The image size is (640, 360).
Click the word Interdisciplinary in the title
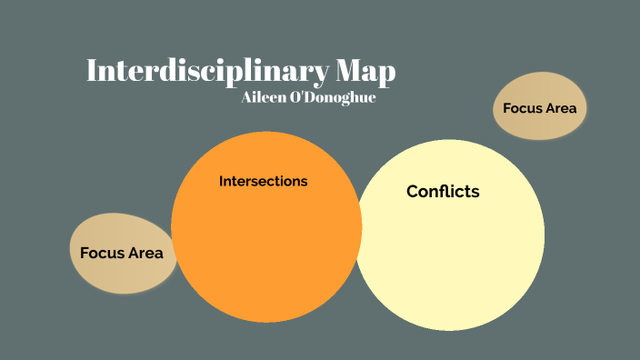pyautogui.click(x=205, y=72)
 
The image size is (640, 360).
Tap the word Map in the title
pyautogui.click(x=365, y=72)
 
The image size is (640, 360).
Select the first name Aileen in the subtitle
pyautogui.click(x=265, y=97)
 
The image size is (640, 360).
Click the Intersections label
pyautogui.click(x=264, y=181)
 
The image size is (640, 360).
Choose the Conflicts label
pyautogui.click(x=443, y=192)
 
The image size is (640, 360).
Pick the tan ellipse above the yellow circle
pyautogui.click(x=540, y=107)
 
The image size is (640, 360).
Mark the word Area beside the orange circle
pyautogui.click(x=145, y=253)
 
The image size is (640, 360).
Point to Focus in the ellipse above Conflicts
pyautogui.click(x=523, y=108)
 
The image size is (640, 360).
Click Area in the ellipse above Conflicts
pyautogui.click(x=561, y=108)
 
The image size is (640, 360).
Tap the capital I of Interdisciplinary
pyautogui.click(x=92, y=72)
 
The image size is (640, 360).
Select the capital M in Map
pyautogui.click(x=345, y=72)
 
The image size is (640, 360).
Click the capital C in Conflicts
pyautogui.click(x=413, y=192)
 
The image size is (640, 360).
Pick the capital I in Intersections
pyautogui.click(x=222, y=181)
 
